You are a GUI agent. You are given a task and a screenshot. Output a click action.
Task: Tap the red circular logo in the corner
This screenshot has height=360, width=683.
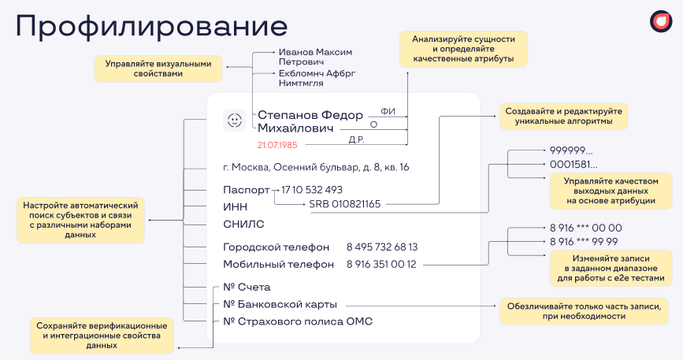(660, 22)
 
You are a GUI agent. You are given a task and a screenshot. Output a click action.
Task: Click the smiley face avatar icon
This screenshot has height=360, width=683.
(234, 120)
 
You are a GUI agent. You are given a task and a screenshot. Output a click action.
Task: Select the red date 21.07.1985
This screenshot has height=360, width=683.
(277, 145)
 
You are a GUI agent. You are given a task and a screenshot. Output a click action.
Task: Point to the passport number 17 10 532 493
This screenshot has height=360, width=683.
(311, 190)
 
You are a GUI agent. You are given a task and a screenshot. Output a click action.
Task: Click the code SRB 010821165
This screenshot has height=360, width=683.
(345, 204)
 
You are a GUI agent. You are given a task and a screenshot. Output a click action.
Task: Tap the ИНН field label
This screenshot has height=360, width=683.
(235, 206)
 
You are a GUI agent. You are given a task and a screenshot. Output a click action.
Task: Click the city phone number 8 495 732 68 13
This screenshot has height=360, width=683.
(382, 247)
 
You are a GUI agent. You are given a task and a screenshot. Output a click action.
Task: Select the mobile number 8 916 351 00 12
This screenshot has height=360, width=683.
(381, 265)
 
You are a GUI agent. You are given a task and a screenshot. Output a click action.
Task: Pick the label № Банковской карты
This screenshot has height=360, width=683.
(280, 304)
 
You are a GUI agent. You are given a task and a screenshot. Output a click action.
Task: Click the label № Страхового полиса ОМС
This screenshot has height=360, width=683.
(298, 321)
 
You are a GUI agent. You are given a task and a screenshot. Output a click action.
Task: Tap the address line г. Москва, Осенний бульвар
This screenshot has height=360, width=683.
(316, 167)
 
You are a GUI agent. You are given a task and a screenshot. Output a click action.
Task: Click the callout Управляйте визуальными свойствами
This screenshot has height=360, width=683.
(158, 68)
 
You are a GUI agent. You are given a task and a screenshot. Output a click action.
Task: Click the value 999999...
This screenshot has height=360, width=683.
(571, 150)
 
